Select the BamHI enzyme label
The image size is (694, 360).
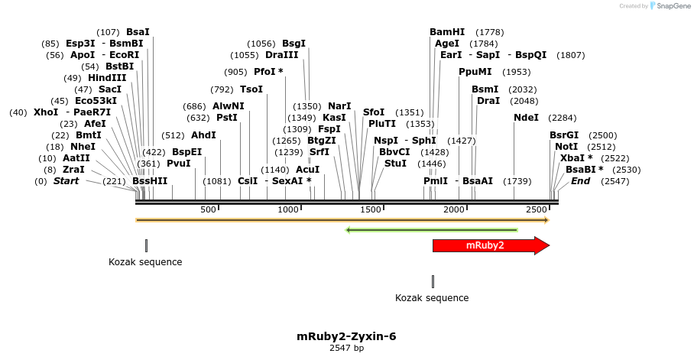click(447, 32)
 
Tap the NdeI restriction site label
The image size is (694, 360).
click(526, 118)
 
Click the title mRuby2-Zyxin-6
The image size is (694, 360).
click(346, 336)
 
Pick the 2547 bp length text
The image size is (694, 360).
click(346, 349)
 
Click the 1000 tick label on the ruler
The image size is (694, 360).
click(288, 209)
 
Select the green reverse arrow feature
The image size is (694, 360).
click(432, 229)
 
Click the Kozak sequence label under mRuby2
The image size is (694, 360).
click(432, 298)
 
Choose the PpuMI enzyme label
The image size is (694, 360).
click(475, 72)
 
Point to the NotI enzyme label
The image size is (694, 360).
click(566, 147)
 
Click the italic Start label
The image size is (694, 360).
click(66, 181)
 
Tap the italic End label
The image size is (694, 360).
click(580, 181)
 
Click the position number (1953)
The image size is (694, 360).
click(516, 72)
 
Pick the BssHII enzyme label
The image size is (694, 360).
click(150, 181)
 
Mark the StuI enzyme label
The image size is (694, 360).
click(395, 164)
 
